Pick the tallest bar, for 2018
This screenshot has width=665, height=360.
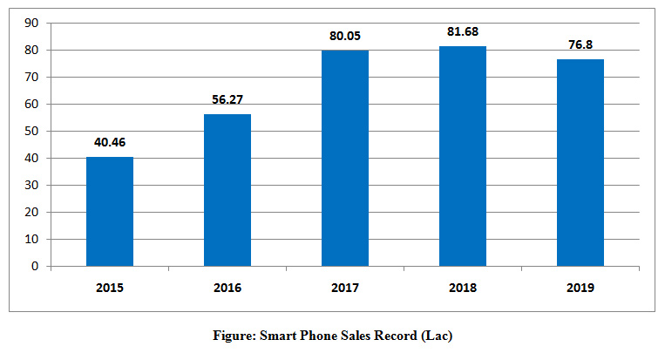(x=463, y=156)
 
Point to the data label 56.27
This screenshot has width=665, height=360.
(x=227, y=100)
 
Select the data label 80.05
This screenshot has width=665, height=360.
(x=345, y=37)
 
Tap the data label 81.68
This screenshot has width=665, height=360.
(x=463, y=32)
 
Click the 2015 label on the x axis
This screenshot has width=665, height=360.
(x=110, y=287)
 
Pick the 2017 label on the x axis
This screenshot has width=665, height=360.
(x=345, y=287)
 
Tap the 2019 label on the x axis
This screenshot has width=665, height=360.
(x=580, y=287)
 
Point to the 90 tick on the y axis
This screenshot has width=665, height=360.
(x=32, y=24)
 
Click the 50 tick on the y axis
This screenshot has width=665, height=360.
(x=32, y=132)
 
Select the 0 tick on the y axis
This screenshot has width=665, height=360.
(x=36, y=267)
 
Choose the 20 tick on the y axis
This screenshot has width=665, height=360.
(x=32, y=213)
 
